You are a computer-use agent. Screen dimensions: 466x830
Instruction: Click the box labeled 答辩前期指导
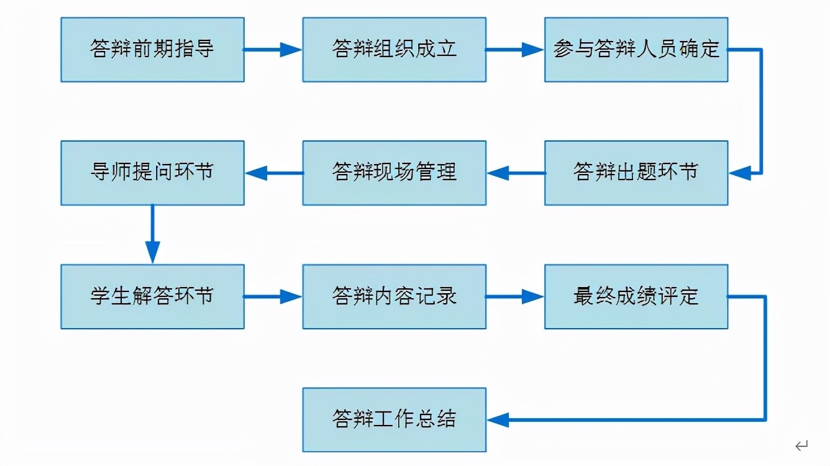pos(152,50)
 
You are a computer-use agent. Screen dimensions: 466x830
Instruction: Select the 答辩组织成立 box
pos(394,50)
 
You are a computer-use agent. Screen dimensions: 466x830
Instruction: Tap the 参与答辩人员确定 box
pos(636,50)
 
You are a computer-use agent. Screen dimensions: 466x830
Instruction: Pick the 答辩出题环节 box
pos(636,173)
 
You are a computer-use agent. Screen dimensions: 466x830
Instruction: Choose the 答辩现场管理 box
pos(394,173)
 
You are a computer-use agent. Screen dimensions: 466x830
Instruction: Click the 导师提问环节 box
pos(152,173)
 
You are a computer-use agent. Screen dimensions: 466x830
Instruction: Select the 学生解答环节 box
pos(152,296)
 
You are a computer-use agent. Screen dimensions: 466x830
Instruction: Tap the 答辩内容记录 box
pos(394,296)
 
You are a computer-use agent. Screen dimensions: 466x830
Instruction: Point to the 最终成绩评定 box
pos(636,296)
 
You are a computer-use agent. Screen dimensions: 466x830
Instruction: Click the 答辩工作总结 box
pos(394,419)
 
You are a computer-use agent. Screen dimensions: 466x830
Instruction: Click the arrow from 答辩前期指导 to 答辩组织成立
pos(273,50)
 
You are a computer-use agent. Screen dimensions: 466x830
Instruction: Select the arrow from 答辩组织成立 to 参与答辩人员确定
pos(515,50)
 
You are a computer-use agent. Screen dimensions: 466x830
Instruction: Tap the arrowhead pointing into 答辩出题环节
pos(739,173)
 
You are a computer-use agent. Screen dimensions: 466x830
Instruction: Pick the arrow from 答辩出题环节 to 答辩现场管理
pos(515,173)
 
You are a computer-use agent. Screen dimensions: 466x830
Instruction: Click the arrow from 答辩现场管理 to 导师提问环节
pos(273,173)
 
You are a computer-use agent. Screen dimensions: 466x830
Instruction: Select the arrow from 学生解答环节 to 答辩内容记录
pos(273,296)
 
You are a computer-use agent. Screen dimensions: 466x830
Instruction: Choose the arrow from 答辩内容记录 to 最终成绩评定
pos(515,296)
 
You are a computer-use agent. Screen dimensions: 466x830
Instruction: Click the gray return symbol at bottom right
pos(801,445)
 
